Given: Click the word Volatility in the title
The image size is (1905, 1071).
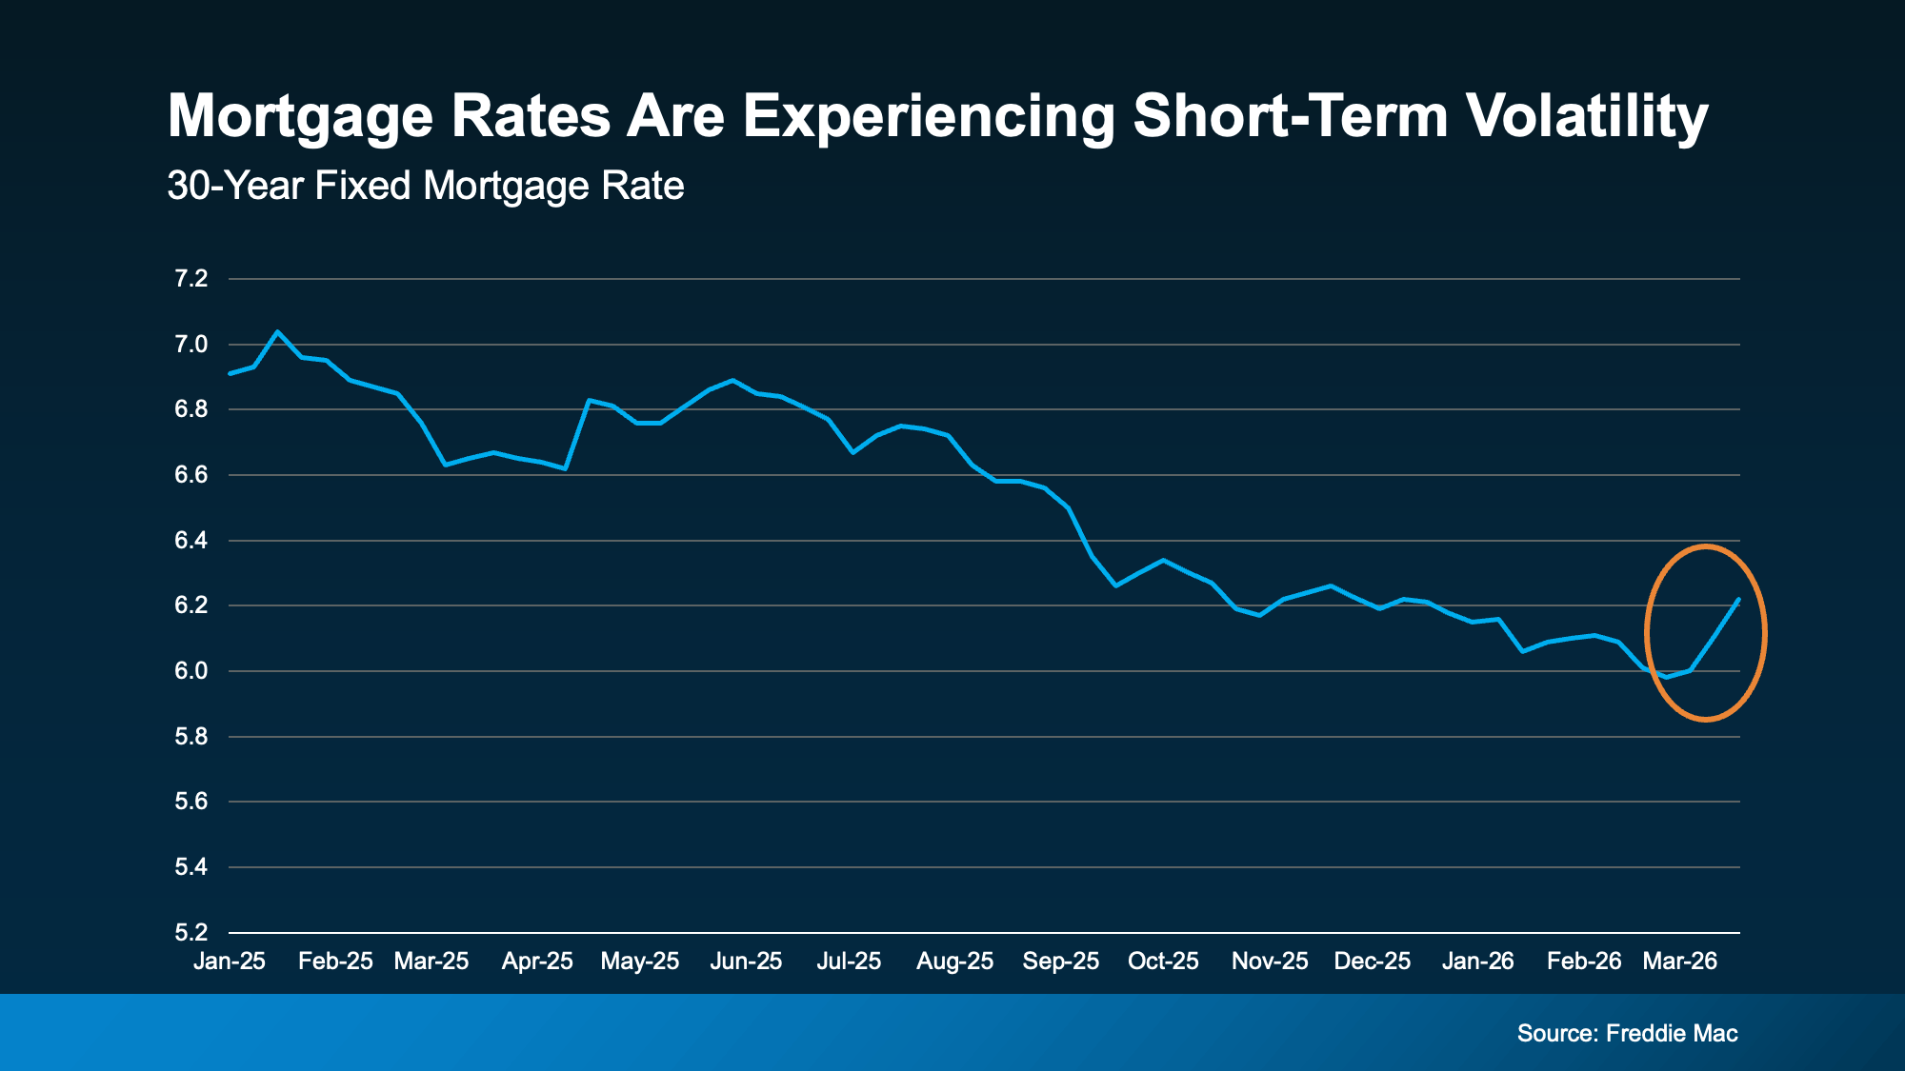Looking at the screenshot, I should click(x=1586, y=116).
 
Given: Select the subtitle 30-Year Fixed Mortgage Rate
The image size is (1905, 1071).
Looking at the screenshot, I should click(x=425, y=186).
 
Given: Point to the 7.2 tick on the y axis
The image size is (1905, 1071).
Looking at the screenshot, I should click(x=190, y=279).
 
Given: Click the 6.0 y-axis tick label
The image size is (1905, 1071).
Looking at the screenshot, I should click(x=190, y=671).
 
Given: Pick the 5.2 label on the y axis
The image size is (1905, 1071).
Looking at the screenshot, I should click(x=190, y=932).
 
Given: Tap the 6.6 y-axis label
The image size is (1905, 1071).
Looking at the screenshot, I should click(x=190, y=475).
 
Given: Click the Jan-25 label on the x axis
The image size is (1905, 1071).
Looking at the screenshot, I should click(x=230, y=961).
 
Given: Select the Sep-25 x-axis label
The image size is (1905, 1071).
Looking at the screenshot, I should click(x=1060, y=961).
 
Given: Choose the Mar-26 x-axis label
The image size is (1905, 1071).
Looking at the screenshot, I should click(x=1679, y=961).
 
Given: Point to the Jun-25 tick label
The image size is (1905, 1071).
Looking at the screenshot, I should click(x=746, y=961).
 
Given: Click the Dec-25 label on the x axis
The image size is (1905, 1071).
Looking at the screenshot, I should click(x=1372, y=961).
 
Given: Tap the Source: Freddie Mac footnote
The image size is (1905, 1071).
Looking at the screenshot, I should click(x=1627, y=1033).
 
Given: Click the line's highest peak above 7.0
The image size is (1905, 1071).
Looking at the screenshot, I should click(x=277, y=331).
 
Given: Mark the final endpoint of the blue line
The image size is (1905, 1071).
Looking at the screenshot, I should click(x=1738, y=600).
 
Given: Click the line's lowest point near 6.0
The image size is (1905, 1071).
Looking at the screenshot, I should click(x=1666, y=677).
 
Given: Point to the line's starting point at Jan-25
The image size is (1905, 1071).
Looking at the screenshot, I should click(x=231, y=373).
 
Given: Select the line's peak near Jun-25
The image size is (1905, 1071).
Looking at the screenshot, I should click(x=732, y=380).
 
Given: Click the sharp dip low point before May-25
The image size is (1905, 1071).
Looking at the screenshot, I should click(x=565, y=468).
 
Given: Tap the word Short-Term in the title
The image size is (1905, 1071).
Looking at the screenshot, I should click(x=1291, y=116).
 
